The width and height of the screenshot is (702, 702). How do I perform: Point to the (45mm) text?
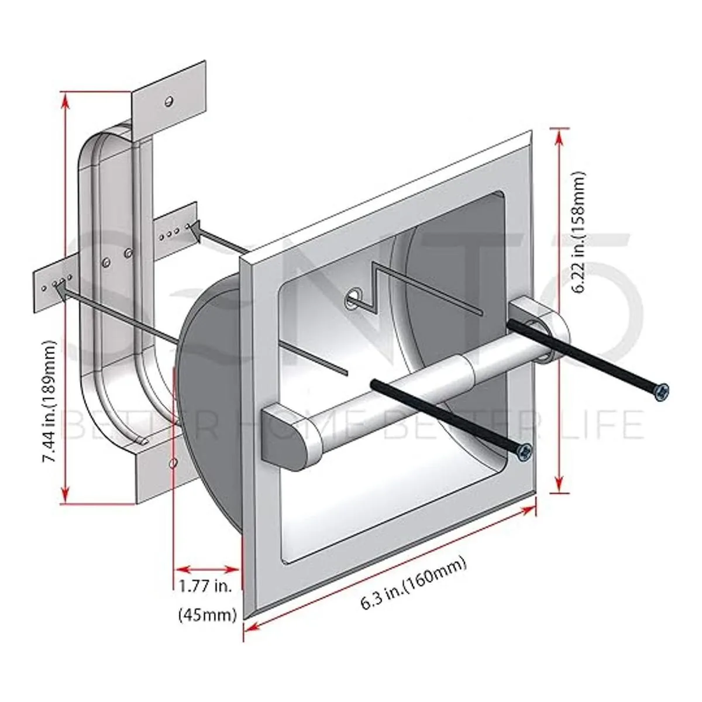coord(208,614)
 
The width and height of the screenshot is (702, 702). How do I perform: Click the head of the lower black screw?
coord(525,450)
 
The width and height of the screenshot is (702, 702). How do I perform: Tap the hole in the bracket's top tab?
coord(169,102)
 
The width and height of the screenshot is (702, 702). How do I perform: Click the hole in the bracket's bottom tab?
coord(173,463)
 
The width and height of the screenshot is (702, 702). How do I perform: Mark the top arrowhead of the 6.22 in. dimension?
coord(560,136)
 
